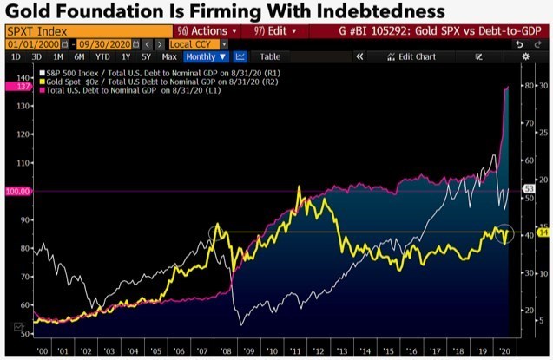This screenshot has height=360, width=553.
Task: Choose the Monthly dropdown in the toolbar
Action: point(205,56)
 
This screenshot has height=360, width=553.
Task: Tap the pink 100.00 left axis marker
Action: point(17,191)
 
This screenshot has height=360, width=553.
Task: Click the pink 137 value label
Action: point(17,88)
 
